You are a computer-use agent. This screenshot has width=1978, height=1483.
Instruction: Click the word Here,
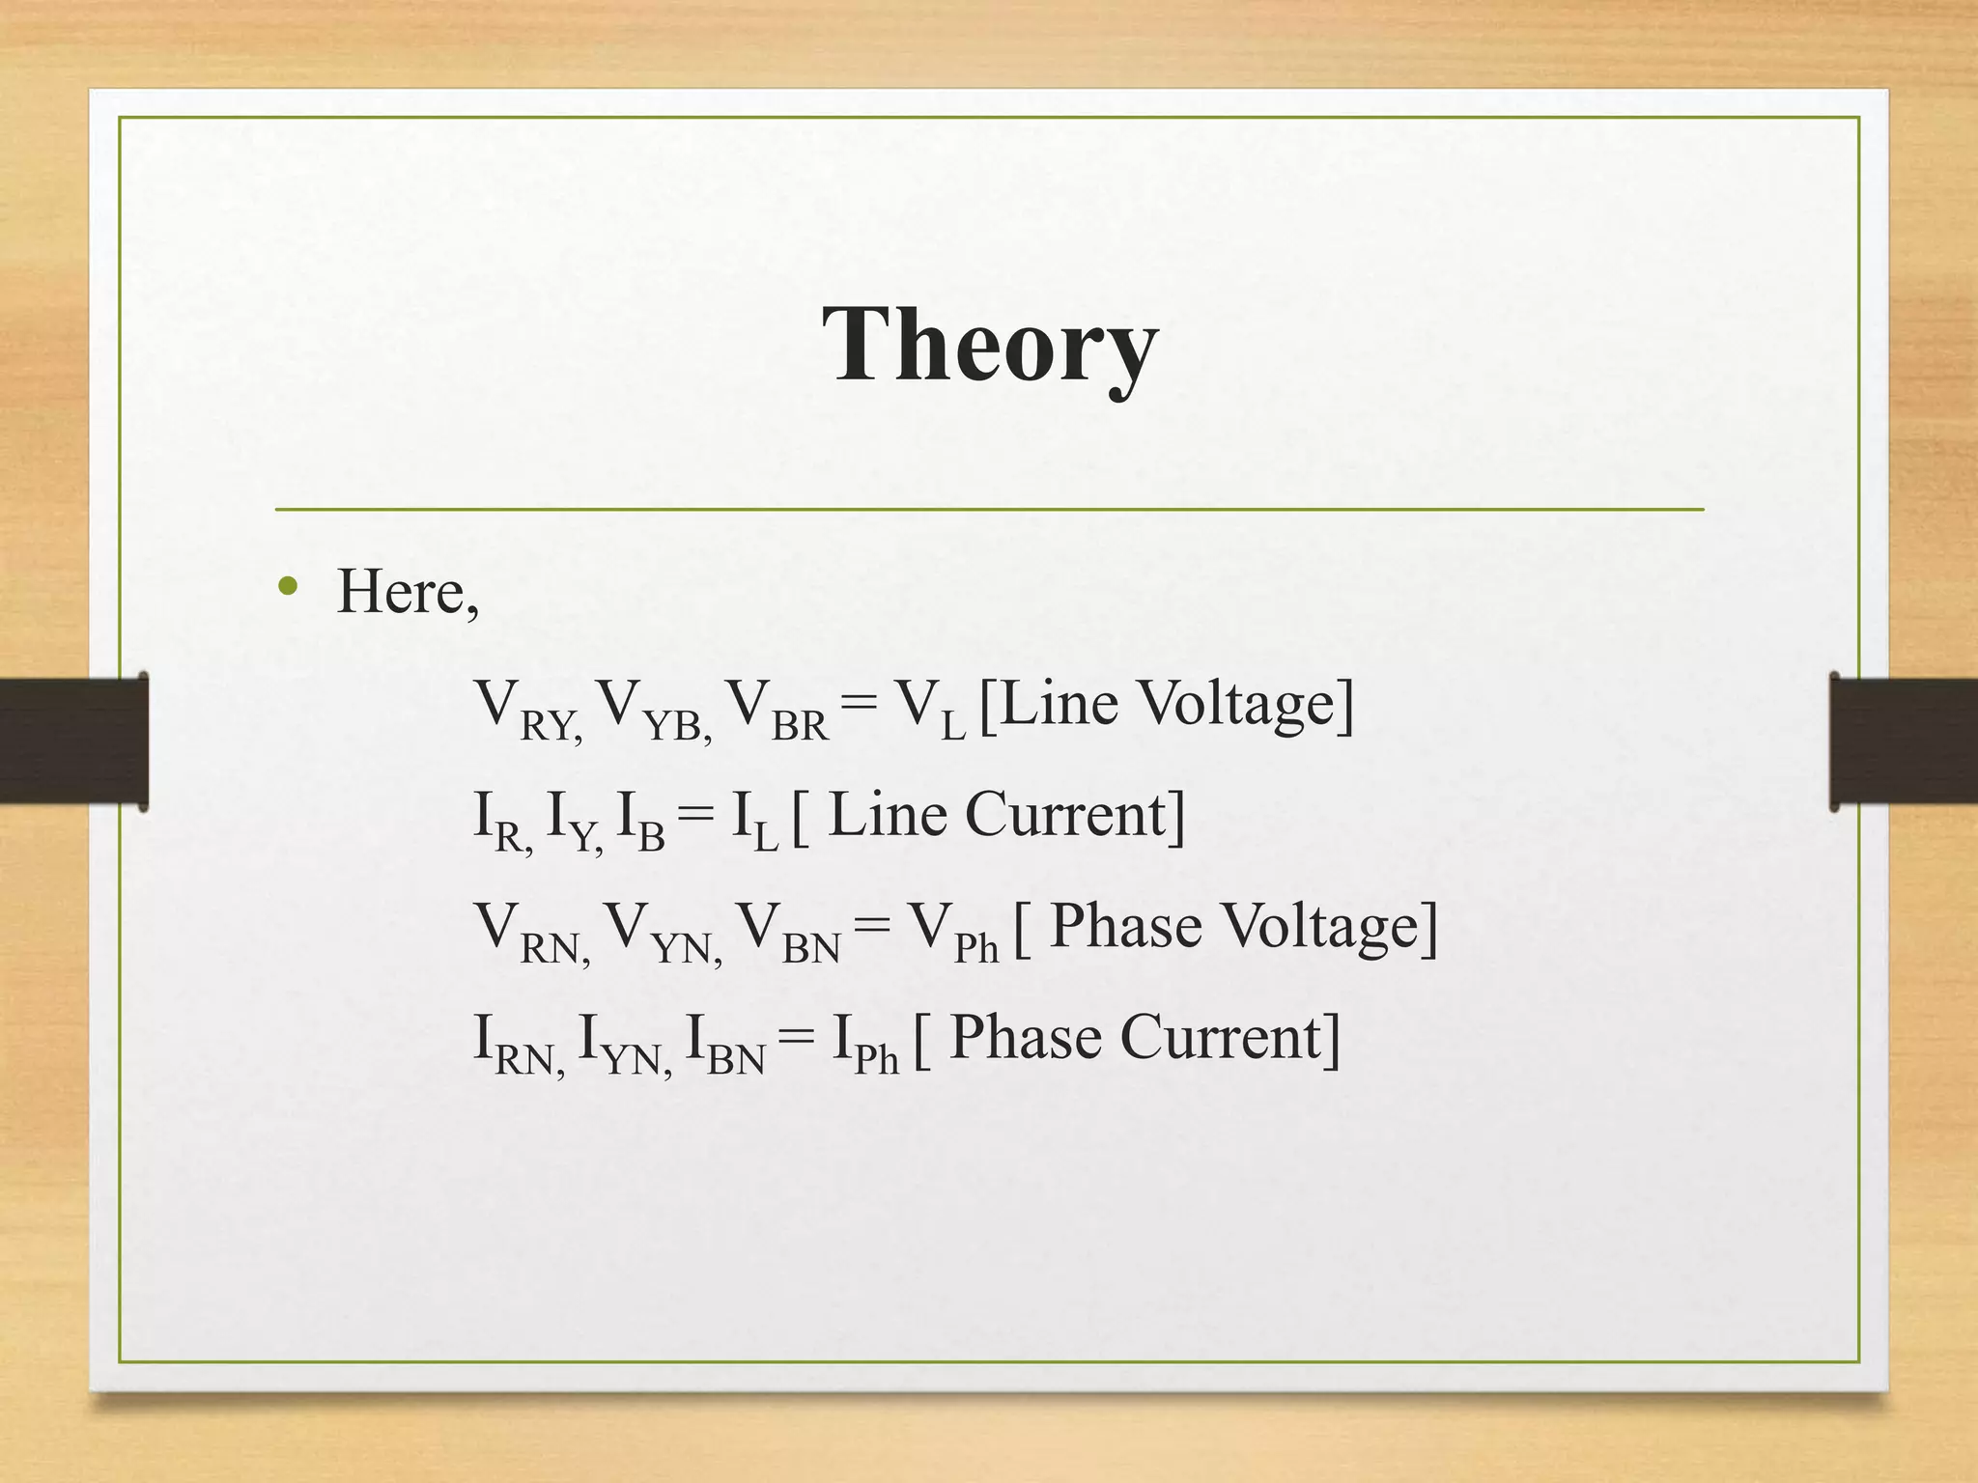[407, 592]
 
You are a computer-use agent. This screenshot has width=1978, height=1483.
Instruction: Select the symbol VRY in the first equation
[526, 710]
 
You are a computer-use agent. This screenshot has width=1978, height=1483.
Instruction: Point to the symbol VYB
[652, 710]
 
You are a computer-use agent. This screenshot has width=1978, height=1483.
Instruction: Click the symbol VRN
[531, 932]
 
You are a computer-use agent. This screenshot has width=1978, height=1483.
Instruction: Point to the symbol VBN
[788, 932]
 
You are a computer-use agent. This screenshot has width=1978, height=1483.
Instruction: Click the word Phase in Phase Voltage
[1125, 927]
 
